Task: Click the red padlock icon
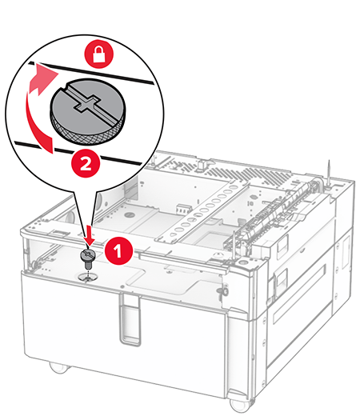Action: (x=99, y=54)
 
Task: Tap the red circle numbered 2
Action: (x=86, y=164)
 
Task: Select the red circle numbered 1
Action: (x=118, y=251)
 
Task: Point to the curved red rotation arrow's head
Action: (x=46, y=78)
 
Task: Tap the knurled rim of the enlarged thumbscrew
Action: (x=86, y=131)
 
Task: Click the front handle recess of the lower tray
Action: (x=130, y=318)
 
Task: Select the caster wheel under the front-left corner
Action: (x=59, y=367)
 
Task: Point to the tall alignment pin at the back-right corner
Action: (x=329, y=174)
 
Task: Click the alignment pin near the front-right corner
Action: (x=234, y=245)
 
